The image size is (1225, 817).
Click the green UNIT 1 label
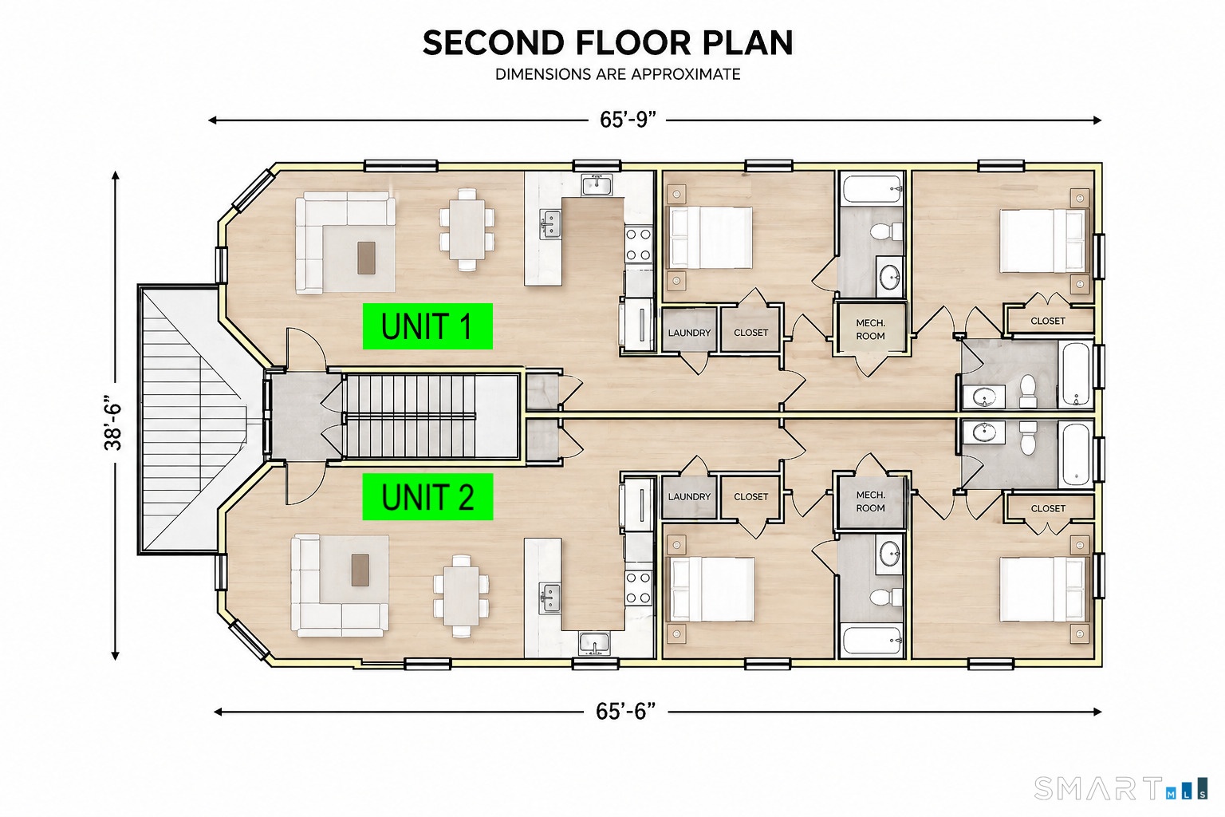point(427,326)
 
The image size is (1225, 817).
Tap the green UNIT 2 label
point(427,496)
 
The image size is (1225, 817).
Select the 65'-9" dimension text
point(628,120)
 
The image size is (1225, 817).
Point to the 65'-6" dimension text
point(625,712)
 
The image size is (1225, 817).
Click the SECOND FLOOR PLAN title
point(608,42)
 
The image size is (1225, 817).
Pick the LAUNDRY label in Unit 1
point(689,333)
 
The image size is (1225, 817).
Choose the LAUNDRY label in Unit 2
point(689,496)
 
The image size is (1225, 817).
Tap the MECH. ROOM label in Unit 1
point(870,330)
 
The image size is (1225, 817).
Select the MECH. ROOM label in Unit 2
point(870,501)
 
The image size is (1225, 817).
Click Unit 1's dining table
point(467,230)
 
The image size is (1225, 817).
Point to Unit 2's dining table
point(461,596)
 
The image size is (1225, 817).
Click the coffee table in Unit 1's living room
point(366,258)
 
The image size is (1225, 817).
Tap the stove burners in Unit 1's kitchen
point(638,245)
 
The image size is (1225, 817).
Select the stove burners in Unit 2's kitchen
point(638,588)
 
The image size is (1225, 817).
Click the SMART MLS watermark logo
point(1121,788)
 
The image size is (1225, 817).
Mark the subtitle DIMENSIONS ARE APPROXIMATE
point(618,74)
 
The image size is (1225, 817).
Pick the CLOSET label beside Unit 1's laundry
point(750,333)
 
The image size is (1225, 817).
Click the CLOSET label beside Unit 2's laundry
point(750,496)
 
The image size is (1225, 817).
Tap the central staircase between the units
point(410,416)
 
